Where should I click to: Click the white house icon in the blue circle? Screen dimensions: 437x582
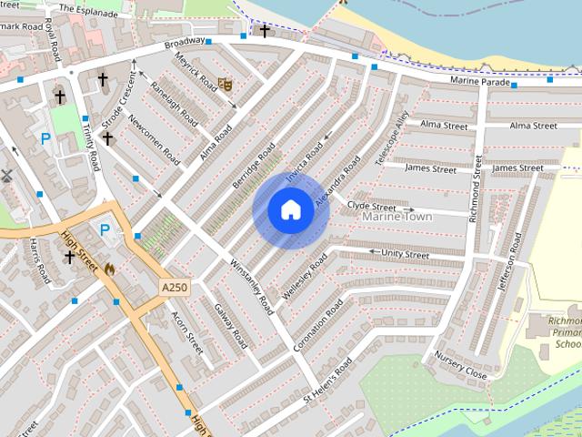tap(291, 210)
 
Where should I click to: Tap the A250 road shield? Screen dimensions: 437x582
tap(175, 288)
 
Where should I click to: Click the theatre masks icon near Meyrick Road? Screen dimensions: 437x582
tap(224, 85)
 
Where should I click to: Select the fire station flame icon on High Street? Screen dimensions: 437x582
tap(111, 269)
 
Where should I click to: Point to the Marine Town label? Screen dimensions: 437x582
tap(397, 217)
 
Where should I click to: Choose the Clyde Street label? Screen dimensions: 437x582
tap(371, 207)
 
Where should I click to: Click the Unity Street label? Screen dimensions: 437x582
tap(405, 255)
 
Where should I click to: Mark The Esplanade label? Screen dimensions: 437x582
tap(89, 8)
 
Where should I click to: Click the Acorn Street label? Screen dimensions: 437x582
tap(187, 332)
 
